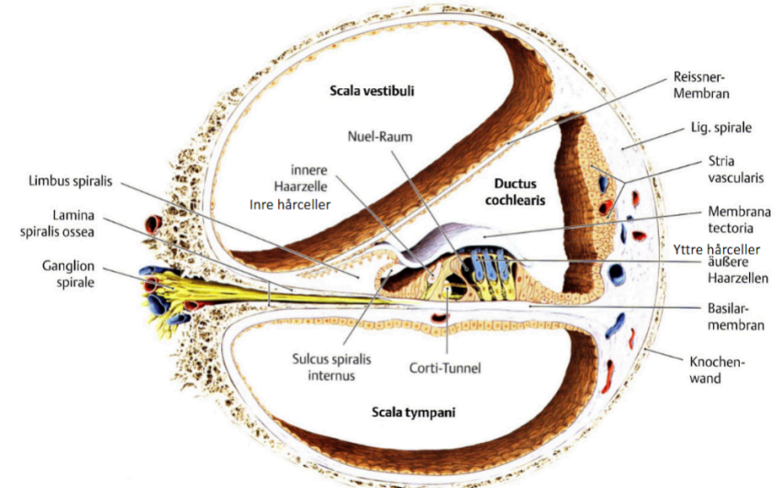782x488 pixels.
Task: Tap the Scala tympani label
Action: [412, 413]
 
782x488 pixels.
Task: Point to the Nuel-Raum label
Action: [380, 135]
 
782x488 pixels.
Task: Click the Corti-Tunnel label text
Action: [444, 368]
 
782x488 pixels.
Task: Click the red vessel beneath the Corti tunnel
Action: [440, 317]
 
